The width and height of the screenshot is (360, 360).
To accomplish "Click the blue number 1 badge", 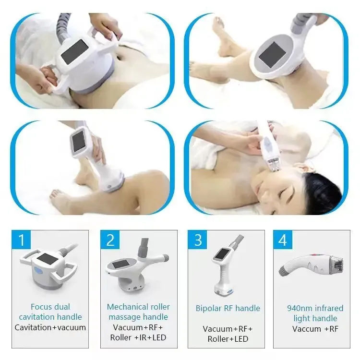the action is coord(21,240).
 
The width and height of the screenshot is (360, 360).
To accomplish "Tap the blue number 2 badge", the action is coord(110,240).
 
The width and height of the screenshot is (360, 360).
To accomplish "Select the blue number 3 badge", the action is coord(197,240).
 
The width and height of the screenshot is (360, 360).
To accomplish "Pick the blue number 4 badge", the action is coord(283,240).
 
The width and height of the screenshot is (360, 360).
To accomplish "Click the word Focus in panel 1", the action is coord(40,307).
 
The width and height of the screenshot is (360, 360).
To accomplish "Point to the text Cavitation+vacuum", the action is coord(50,327).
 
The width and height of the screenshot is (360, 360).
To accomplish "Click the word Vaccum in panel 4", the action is coord(307,329).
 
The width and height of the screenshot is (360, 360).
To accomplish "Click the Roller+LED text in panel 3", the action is coord(228,339).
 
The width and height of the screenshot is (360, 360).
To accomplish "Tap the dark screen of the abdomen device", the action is coord(74,53).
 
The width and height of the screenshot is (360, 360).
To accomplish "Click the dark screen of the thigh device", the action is coord(273,55).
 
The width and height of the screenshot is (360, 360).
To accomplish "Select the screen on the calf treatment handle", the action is coord(79,142).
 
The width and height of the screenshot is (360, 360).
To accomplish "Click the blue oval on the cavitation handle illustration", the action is coord(38,269).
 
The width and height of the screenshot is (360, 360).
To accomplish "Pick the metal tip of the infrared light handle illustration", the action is coord(337,263).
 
